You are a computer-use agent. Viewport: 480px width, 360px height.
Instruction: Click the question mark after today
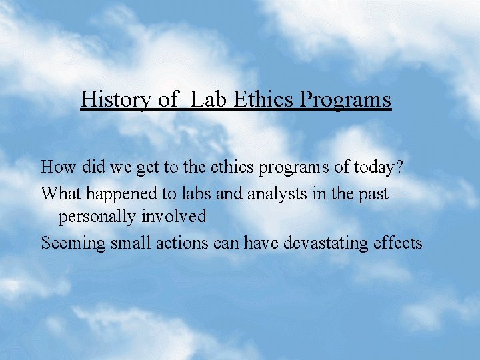point(400,167)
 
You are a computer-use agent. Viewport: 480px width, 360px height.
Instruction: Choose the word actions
point(182,243)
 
